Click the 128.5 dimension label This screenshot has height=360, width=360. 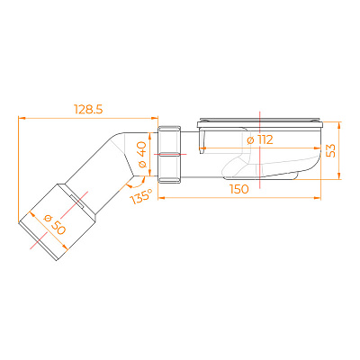(88, 110)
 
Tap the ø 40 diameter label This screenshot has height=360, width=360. (141, 154)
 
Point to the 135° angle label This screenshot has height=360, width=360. (141, 196)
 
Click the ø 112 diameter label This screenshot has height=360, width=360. (260, 139)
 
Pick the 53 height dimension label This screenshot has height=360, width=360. (330, 151)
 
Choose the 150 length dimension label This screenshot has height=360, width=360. (239, 189)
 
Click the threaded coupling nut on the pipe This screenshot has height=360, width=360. (170, 154)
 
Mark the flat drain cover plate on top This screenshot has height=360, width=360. (260, 122)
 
